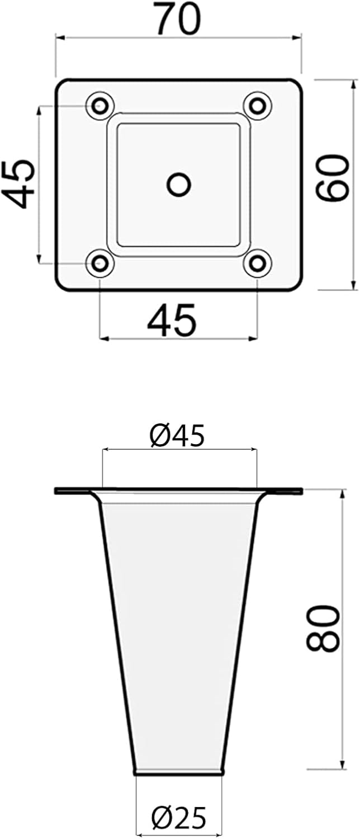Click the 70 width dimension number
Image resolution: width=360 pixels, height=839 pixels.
tap(178, 18)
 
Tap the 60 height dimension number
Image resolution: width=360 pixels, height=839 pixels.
tap(331, 178)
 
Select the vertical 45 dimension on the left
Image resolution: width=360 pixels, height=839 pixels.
tap(18, 184)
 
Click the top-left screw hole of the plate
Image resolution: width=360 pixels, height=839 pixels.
tap(100, 106)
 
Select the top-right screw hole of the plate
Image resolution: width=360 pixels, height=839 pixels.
tap(257, 106)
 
